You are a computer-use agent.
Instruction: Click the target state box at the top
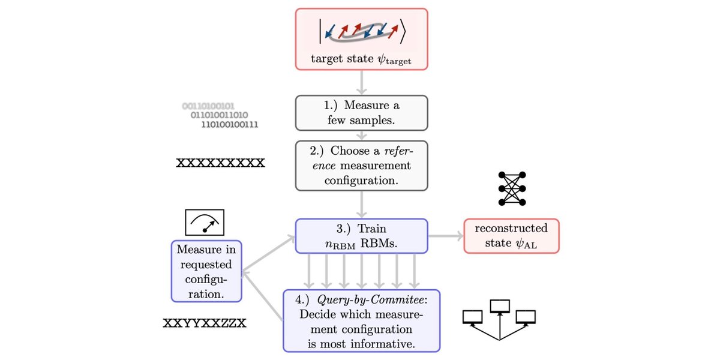[361, 39]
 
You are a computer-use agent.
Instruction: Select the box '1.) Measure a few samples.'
[361, 112]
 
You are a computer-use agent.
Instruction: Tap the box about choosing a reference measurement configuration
[361, 166]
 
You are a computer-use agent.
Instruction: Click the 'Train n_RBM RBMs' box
[361, 236]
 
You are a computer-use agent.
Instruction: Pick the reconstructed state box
[511, 236]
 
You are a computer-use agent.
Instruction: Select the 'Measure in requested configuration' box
[206, 271]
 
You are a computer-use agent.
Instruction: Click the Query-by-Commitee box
[361, 320]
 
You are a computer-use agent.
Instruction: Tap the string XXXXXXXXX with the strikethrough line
[220, 163]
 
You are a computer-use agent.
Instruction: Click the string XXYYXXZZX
[205, 323]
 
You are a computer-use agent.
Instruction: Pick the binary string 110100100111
[230, 125]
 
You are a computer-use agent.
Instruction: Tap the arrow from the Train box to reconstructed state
[445, 236]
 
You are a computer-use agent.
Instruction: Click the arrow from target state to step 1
[361, 82]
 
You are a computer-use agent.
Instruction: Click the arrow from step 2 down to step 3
[361, 205]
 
